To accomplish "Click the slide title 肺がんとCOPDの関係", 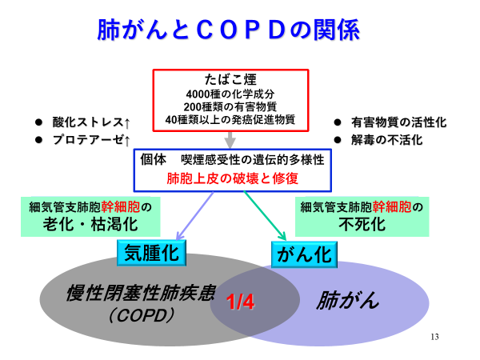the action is (229, 30).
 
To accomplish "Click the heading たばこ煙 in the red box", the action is (230, 79).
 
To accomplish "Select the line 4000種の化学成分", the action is (230, 94).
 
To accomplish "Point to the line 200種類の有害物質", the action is (230, 106).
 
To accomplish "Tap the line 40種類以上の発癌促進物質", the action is (230, 119).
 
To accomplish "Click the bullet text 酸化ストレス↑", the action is (91, 122).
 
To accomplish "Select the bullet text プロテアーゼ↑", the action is (91, 140).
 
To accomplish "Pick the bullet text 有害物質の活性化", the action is (399, 122).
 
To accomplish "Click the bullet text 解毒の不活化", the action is (387, 140).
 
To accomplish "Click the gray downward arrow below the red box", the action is (230, 140).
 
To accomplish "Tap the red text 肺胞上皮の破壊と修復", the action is (232, 178).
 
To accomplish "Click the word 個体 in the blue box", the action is (154, 159).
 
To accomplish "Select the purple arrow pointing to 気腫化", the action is (195, 216).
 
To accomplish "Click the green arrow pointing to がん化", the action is (265, 216).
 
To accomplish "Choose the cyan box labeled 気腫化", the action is (151, 253).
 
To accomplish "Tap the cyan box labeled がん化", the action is (304, 254).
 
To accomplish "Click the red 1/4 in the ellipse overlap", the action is (240, 302).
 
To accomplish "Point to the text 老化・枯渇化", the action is (90, 224).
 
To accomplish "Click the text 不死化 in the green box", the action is (362, 224).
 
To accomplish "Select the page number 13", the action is (434, 337).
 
